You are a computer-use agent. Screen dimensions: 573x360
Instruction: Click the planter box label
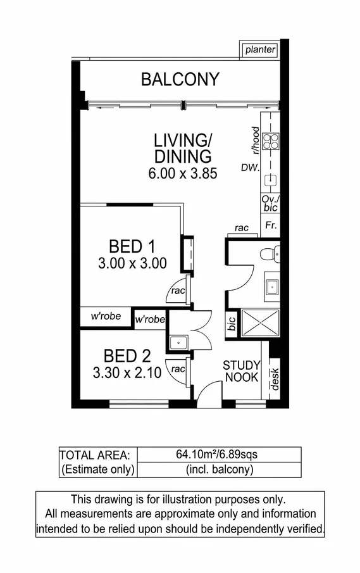pyautogui.click(x=260, y=49)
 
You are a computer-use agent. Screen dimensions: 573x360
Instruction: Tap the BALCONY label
pyautogui.click(x=180, y=80)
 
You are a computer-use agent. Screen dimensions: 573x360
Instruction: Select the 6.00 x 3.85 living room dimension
pyautogui.click(x=183, y=173)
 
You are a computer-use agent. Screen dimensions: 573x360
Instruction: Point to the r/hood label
pyautogui.click(x=255, y=141)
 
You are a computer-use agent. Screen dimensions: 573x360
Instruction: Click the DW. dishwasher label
pyautogui.click(x=249, y=168)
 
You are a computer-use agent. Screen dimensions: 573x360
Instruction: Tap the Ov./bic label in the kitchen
pyautogui.click(x=270, y=203)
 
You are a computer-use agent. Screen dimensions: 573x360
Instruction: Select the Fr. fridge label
pyautogui.click(x=270, y=225)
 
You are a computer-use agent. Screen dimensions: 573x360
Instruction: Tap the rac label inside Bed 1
pyautogui.click(x=177, y=291)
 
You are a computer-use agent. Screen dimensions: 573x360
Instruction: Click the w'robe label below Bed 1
pyautogui.click(x=105, y=317)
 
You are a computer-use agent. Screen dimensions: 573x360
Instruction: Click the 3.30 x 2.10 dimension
pyautogui.click(x=126, y=373)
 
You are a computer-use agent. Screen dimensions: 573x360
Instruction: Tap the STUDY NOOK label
pyautogui.click(x=241, y=371)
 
